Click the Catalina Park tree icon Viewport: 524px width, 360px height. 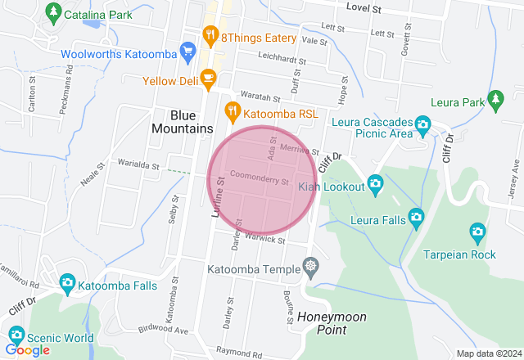coord(54,12)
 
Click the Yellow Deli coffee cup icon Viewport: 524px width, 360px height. coord(208,79)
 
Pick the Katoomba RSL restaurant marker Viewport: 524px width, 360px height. coord(233,109)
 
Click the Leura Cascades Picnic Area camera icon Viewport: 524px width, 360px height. coord(422,126)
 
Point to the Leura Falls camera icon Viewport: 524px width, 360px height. coord(416,218)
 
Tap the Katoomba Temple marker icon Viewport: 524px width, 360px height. coord(309,266)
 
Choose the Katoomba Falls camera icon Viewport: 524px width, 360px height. coord(67,284)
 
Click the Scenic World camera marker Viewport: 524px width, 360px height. coord(16,335)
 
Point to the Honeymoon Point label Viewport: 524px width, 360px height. coord(331,323)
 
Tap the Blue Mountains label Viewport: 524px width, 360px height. coord(181,122)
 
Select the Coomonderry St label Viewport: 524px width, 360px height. coord(260,177)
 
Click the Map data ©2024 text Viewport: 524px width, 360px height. coord(488,353)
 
